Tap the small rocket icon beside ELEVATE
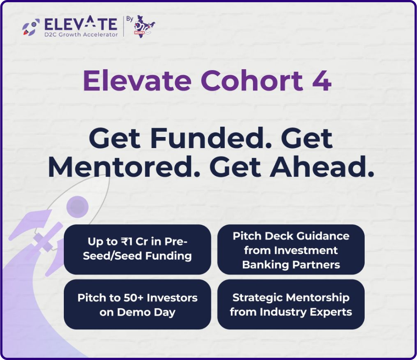(x=31, y=27)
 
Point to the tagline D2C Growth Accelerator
(x=81, y=35)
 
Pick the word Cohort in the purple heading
(x=252, y=80)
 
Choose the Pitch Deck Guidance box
(x=291, y=250)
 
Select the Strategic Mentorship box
(x=291, y=305)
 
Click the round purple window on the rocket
(x=78, y=207)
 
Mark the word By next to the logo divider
(x=130, y=19)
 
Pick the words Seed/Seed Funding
(x=137, y=256)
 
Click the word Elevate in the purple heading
(x=137, y=81)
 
